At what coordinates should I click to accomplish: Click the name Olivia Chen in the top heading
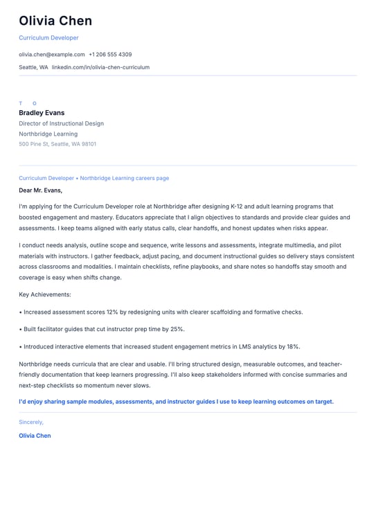pyautogui.click(x=55, y=21)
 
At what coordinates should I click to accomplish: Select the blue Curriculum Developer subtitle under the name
pyautogui.click(x=48, y=38)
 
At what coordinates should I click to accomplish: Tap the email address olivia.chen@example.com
pyautogui.click(x=52, y=54)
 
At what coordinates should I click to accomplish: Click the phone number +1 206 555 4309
pyautogui.click(x=110, y=54)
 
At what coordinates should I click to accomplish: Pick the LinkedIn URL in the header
pyautogui.click(x=100, y=67)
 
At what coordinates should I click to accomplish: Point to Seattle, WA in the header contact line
pyautogui.click(x=33, y=67)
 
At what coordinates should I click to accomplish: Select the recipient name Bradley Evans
pyautogui.click(x=42, y=113)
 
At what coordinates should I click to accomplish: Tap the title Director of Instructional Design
pyautogui.click(x=61, y=123)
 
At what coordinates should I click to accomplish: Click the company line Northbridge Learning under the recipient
pyautogui.click(x=48, y=134)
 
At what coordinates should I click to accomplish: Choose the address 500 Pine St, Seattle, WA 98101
pyautogui.click(x=57, y=144)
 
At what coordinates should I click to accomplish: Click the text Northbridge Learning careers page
pyautogui.click(x=124, y=178)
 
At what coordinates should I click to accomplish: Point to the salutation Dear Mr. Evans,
pyautogui.click(x=40, y=190)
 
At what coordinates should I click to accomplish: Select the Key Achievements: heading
pyautogui.click(x=45, y=294)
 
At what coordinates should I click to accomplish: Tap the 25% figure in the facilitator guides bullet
pyautogui.click(x=177, y=329)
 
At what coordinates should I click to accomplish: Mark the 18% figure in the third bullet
pyautogui.click(x=293, y=346)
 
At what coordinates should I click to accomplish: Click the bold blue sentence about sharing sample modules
pyautogui.click(x=176, y=401)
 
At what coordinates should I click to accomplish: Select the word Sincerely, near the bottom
pyautogui.click(x=31, y=422)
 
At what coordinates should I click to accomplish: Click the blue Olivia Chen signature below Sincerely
pyautogui.click(x=35, y=436)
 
